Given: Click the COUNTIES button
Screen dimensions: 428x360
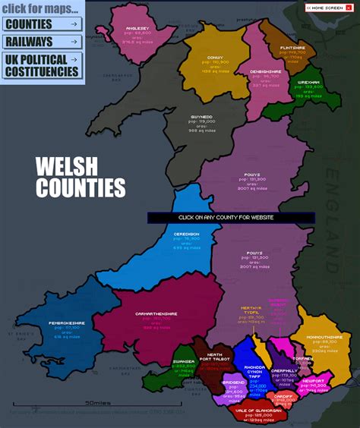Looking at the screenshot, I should [42, 24].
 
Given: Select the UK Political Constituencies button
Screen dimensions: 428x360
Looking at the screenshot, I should [42, 65].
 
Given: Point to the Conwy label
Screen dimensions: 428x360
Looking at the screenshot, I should [215, 57].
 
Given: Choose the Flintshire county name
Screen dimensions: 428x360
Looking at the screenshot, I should [292, 47].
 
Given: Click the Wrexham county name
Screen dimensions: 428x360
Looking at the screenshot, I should [309, 81].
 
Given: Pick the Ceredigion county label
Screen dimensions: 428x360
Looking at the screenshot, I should [186, 234].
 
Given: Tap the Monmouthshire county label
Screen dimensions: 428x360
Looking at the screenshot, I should [324, 337].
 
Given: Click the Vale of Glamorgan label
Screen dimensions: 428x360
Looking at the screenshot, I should [254, 410].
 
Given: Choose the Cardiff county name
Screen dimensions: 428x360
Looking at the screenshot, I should [284, 395].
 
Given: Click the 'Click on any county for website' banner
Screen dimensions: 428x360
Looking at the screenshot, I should [230, 217].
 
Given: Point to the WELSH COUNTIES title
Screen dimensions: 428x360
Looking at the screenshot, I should [80, 177].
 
